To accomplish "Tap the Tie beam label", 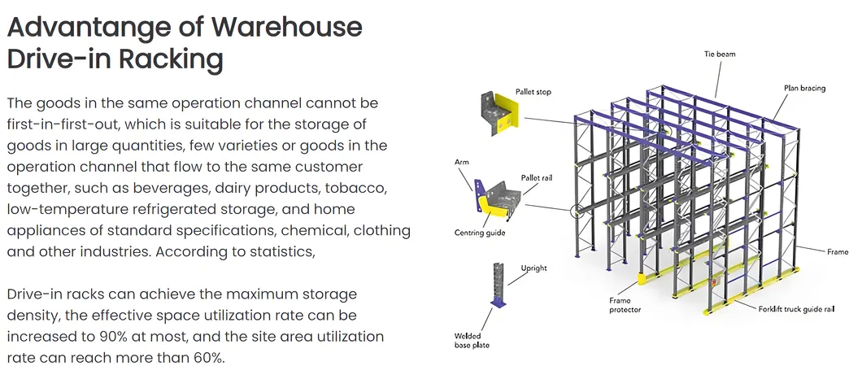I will click(x=719, y=54).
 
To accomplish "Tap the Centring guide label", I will click(x=480, y=233).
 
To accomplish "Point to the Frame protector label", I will click(x=625, y=305).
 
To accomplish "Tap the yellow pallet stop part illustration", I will click(x=501, y=113).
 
